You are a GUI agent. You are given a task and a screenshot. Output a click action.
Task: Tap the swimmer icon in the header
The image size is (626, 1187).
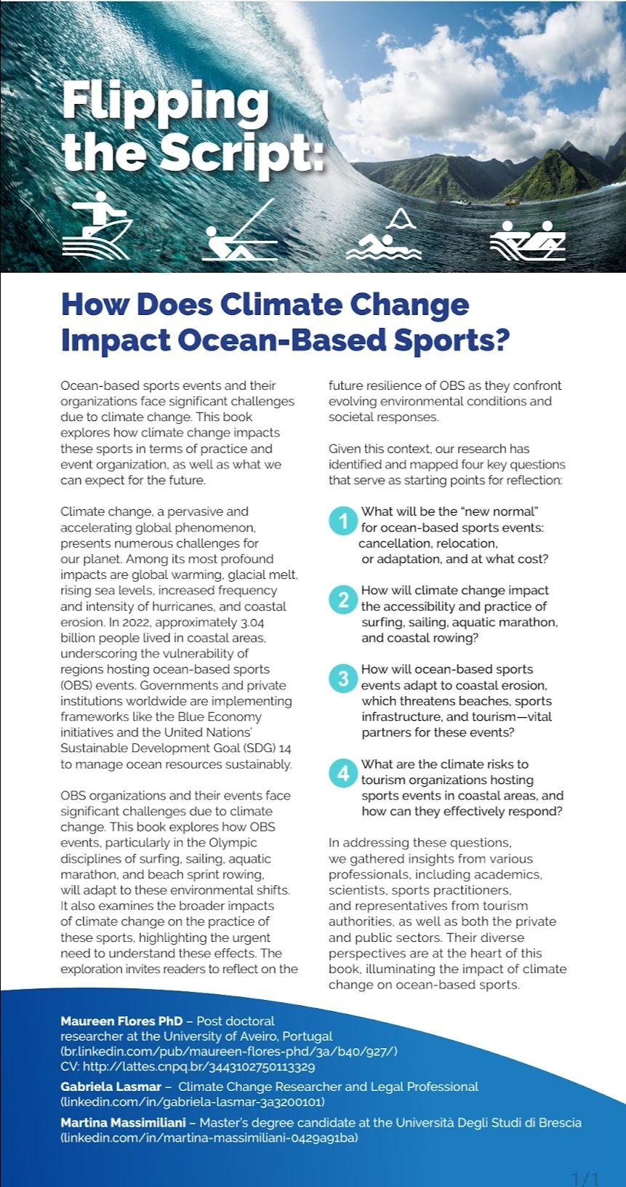pos(384,236)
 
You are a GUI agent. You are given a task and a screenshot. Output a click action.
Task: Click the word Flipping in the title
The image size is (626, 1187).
pos(166,103)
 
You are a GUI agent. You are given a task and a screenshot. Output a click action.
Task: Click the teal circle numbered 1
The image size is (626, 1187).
pos(343,521)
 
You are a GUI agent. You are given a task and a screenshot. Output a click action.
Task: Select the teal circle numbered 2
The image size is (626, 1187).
pos(343,600)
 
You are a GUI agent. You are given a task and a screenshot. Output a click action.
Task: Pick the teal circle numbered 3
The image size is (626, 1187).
pos(343,679)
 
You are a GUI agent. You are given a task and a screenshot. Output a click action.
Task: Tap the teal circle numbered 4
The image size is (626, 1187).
pos(343,772)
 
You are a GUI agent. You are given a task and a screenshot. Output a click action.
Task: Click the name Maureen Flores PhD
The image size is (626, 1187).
pos(121,1021)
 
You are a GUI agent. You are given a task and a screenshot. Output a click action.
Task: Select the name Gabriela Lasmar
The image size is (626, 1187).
pos(111,1087)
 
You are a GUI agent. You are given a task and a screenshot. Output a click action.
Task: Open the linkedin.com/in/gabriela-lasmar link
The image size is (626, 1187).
pos(193,1102)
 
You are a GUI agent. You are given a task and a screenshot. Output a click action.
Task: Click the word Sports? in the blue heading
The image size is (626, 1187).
pos(452,340)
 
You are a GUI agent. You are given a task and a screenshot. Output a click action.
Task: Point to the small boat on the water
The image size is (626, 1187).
pos(513,199)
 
